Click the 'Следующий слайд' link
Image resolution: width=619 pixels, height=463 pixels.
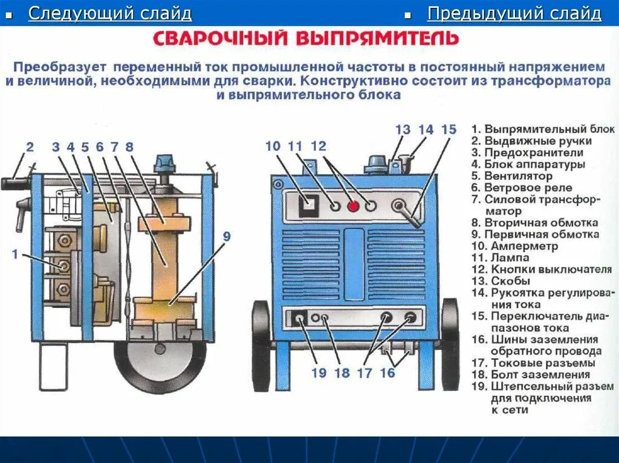pyautogui.click(x=110, y=14)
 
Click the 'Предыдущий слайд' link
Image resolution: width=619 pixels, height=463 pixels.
pyautogui.click(x=514, y=14)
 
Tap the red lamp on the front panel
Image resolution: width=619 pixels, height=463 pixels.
pyautogui.click(x=353, y=206)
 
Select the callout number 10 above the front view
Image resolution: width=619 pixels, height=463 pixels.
pyautogui.click(x=273, y=146)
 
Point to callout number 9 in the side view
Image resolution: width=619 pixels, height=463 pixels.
pyautogui.click(x=226, y=237)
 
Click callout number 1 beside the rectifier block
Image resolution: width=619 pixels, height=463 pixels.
pyautogui.click(x=15, y=254)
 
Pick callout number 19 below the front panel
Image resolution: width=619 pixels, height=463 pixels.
pyautogui.click(x=319, y=372)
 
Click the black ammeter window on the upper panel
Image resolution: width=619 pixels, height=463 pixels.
pyautogui.click(x=308, y=205)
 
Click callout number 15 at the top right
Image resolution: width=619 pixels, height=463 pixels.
pyautogui.click(x=449, y=130)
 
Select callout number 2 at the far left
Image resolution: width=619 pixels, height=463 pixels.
pyautogui.click(x=30, y=146)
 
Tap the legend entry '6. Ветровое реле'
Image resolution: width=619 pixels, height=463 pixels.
pyautogui.click(x=521, y=188)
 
